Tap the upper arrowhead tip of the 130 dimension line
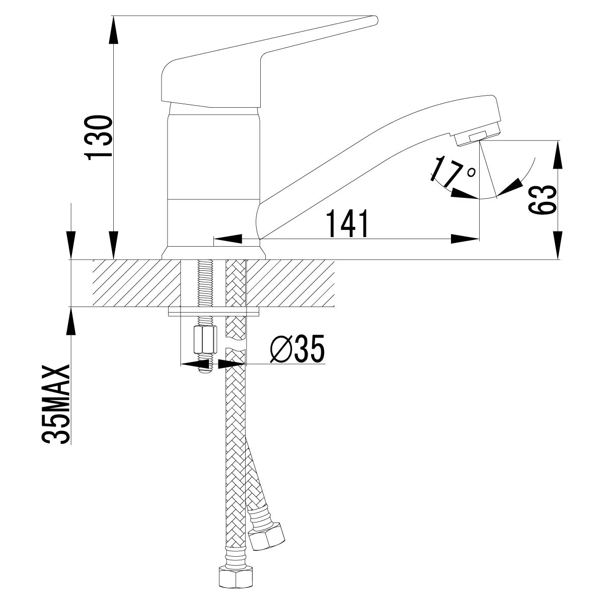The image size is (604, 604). click(114, 16)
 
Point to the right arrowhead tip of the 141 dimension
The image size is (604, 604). click(479, 239)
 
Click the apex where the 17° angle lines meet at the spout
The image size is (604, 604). click(479, 141)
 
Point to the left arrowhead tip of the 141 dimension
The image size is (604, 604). click(213, 239)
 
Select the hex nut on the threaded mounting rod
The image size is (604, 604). click(205, 344)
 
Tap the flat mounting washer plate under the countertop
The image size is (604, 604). click(214, 311)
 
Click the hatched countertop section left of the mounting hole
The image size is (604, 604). click(137, 283)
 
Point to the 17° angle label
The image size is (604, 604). click(452, 171)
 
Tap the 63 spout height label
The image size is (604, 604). click(543, 199)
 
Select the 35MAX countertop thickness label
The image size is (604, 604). click(55, 405)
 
